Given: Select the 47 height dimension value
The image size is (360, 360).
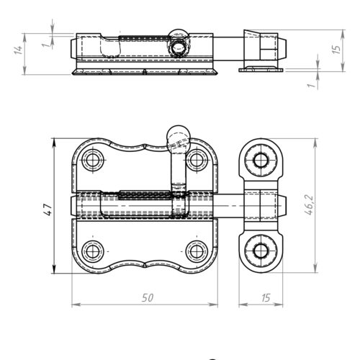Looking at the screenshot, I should click(48, 208).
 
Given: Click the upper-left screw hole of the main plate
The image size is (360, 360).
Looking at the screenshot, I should click(91, 160).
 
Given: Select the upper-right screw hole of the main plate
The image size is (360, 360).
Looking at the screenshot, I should click(197, 160).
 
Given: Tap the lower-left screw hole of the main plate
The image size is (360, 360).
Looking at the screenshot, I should click(91, 251).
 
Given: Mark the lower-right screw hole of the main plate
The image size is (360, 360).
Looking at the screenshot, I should click(197, 251).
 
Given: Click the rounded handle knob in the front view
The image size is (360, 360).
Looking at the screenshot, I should click(176, 138).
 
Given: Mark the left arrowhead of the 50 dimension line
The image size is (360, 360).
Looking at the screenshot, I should click(75, 304).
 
